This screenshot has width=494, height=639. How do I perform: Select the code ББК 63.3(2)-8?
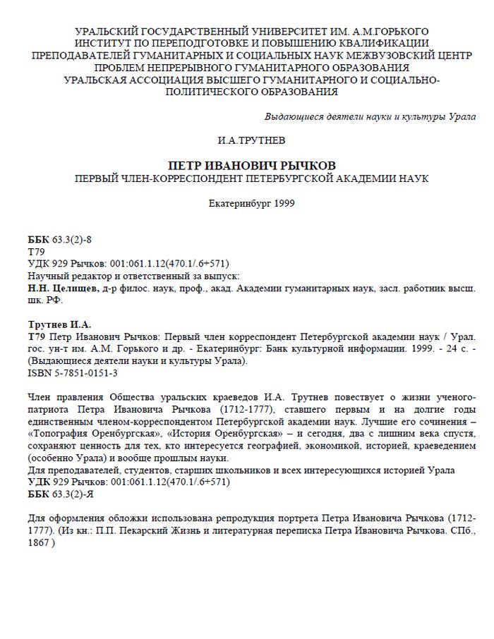(59, 240)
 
